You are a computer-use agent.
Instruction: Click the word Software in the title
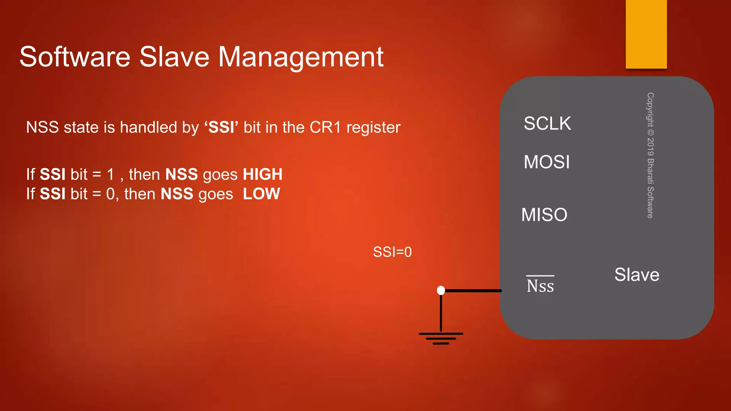(x=75, y=57)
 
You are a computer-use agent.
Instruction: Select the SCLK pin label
(x=547, y=123)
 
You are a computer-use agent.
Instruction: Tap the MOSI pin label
(x=546, y=162)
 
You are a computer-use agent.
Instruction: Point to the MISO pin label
(x=544, y=215)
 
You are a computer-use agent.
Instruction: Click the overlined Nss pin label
(x=540, y=285)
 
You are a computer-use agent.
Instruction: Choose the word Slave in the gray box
(x=637, y=275)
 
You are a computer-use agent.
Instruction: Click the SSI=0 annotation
(x=392, y=252)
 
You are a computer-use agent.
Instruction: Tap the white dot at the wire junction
(x=441, y=290)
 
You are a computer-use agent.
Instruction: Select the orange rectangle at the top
(x=646, y=34)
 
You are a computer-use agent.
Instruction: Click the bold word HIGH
(x=263, y=174)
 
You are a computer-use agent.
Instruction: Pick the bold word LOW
(x=261, y=194)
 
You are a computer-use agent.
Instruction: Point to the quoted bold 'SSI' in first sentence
(x=221, y=127)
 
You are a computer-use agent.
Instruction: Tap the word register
(x=373, y=128)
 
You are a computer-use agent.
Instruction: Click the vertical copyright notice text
(x=650, y=155)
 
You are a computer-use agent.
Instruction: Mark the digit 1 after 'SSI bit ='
(x=111, y=174)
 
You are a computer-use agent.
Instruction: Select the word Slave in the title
(x=174, y=57)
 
